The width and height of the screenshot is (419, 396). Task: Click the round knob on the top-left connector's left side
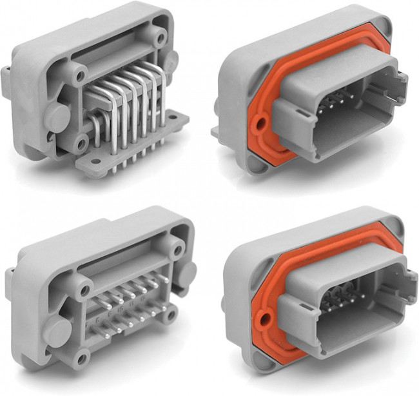57,116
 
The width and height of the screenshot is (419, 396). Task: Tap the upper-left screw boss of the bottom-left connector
81,290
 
